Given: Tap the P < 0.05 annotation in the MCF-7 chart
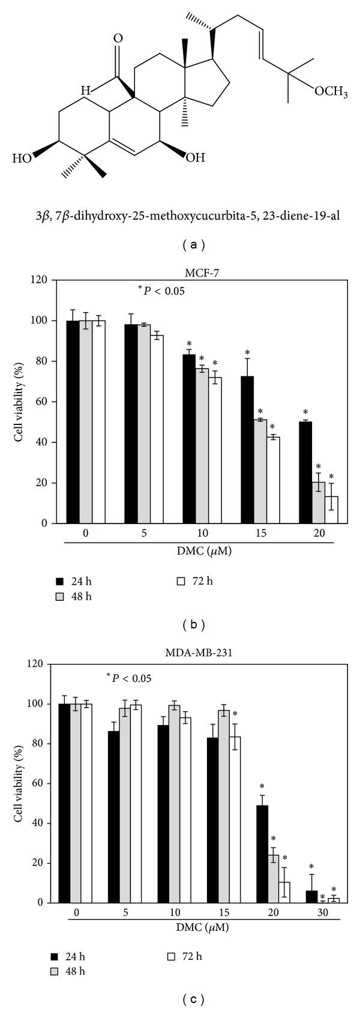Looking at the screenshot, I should click(x=161, y=292).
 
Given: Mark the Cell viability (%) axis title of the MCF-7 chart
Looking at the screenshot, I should click(x=19, y=402).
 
